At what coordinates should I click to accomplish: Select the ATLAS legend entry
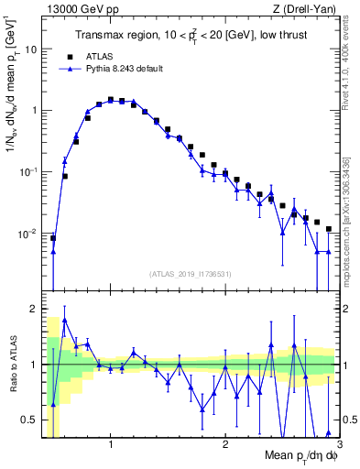coord(96,55)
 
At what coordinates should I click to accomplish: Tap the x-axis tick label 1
coord(110,444)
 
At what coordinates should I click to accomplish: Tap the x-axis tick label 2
coord(225,444)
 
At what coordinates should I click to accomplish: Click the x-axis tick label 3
coord(339,444)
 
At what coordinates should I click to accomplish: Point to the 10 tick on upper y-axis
coord(32,49)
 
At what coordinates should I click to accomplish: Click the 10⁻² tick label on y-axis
coord(29,234)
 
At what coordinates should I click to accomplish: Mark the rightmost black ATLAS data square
coord(328,229)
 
